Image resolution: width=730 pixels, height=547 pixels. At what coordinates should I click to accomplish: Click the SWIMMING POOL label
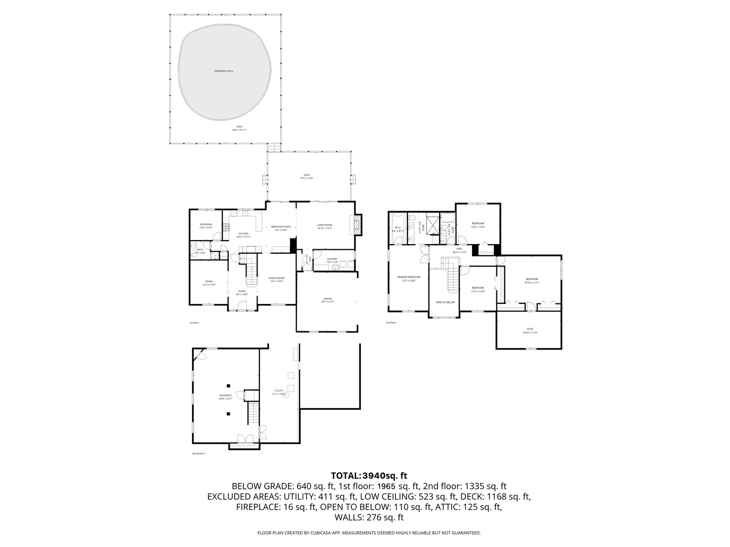(224, 71)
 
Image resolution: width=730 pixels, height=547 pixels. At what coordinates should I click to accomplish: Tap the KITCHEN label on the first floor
(243, 234)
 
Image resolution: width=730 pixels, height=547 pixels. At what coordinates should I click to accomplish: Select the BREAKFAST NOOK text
(281, 227)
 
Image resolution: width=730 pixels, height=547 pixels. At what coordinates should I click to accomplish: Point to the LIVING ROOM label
(324, 225)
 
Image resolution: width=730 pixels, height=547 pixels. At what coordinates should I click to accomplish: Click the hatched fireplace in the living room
(358, 224)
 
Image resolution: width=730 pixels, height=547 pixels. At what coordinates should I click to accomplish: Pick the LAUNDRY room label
(332, 259)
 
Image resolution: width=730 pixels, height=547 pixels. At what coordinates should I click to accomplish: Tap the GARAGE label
(327, 299)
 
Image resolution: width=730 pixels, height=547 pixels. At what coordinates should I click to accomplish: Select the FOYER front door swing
(242, 305)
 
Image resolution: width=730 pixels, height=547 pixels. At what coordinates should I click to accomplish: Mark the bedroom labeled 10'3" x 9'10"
(206, 225)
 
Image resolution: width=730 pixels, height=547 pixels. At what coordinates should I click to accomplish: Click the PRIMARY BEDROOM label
(409, 278)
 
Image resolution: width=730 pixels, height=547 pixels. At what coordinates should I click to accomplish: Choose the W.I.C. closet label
(398, 228)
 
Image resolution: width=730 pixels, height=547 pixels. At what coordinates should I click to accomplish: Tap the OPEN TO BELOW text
(445, 302)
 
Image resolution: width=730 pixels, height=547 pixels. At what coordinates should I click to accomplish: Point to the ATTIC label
(530, 330)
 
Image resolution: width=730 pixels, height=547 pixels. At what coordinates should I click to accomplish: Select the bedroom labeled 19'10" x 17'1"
(531, 280)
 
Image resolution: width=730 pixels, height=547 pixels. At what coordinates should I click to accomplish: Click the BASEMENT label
(226, 396)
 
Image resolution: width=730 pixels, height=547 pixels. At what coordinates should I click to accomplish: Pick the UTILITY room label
(279, 391)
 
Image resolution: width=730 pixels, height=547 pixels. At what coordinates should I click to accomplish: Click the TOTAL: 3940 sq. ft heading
(369, 476)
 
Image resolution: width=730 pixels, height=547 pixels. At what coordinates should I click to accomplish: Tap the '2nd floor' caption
(391, 323)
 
